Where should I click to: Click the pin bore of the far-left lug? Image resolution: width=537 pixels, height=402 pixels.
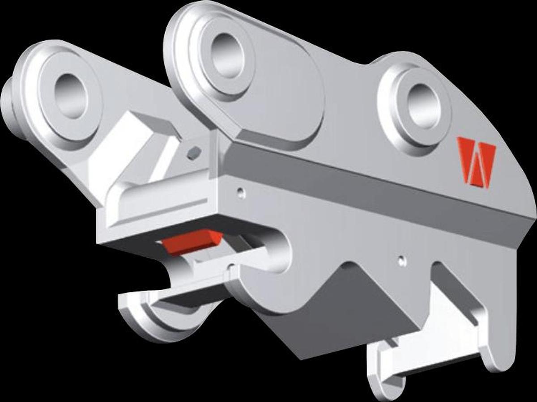(x=71, y=95)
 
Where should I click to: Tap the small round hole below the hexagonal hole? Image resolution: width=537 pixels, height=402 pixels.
(x=241, y=193)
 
